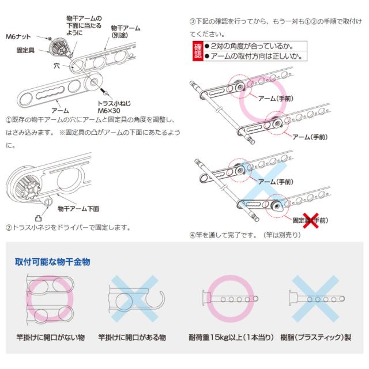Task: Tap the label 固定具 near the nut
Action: click(x=24, y=51)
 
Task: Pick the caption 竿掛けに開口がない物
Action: click(x=51, y=337)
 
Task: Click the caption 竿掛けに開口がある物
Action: click(x=132, y=337)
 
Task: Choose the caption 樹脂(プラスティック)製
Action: click(x=315, y=337)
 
